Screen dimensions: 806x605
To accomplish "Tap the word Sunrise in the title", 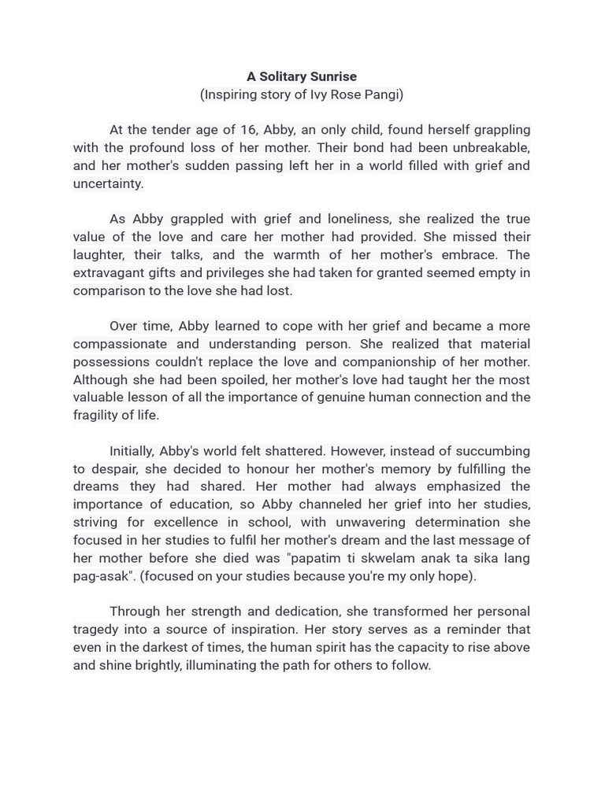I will (x=334, y=76).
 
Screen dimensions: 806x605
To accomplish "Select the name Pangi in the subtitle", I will (x=381, y=94).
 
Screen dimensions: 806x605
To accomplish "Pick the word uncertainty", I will (x=109, y=183).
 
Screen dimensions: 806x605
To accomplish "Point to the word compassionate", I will (x=120, y=344).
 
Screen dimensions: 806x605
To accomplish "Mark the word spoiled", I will (x=238, y=379).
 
